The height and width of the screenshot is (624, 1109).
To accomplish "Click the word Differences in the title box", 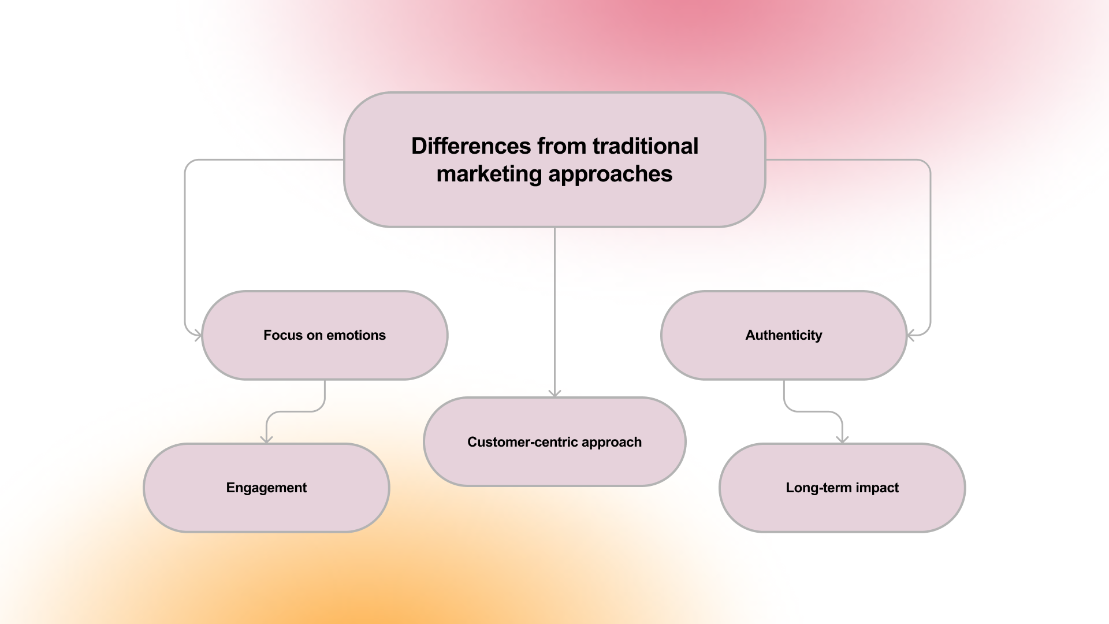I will pos(471,146).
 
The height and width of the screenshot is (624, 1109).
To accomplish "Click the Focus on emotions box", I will pos(325,358).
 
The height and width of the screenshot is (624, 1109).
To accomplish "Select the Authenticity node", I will pos(784,358).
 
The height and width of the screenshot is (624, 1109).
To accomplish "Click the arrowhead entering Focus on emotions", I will pos(198,335).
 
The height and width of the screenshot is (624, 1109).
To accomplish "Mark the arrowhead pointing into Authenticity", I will pos(911,335).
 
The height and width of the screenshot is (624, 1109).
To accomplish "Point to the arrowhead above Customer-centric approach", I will pos(554,393).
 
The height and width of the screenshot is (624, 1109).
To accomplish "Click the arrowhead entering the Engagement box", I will pos(266,440).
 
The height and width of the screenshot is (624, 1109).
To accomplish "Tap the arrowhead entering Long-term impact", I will pos(842,440).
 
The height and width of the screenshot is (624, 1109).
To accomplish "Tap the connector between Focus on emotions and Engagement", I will pos(295,411).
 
